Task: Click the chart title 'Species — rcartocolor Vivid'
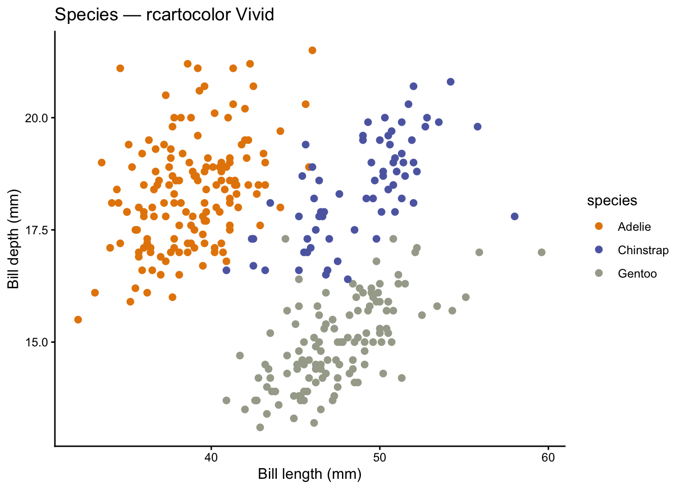pyautogui.click(x=164, y=15)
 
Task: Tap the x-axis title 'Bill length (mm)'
pyautogui.click(x=309, y=474)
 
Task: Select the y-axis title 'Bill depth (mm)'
pyautogui.click(x=13, y=239)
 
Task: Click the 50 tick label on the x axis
pyautogui.click(x=379, y=457)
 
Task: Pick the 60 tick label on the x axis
pyautogui.click(x=548, y=457)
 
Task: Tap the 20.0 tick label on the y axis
pyautogui.click(x=36, y=118)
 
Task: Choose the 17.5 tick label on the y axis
pyautogui.click(x=36, y=230)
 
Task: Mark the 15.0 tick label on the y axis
pyautogui.click(x=36, y=342)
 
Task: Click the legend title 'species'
pyautogui.click(x=612, y=201)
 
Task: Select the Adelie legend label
pyautogui.click(x=634, y=227)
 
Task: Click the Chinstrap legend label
pyautogui.click(x=643, y=250)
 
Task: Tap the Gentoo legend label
pyautogui.click(x=637, y=274)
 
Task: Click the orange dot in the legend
pyautogui.click(x=598, y=226)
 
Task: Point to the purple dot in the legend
pyautogui.click(x=598, y=250)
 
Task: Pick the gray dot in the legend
pyautogui.click(x=598, y=273)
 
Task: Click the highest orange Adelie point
pyautogui.click(x=312, y=50)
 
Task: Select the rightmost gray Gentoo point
pyautogui.click(x=541, y=252)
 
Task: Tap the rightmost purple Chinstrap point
pyautogui.click(x=515, y=216)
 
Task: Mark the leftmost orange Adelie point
pyautogui.click(x=78, y=319)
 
